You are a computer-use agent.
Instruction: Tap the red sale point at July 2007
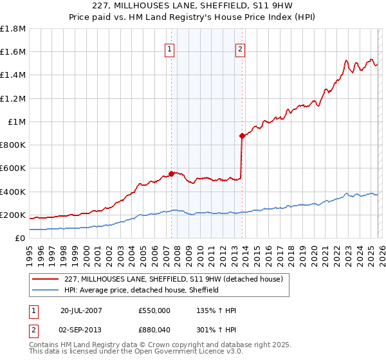point(171,173)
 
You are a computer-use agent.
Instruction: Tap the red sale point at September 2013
point(242,136)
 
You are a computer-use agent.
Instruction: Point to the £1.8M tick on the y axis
point(13,29)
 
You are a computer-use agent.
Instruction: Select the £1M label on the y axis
point(17,122)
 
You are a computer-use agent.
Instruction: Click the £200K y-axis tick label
point(13,215)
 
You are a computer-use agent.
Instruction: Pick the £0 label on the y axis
point(21,238)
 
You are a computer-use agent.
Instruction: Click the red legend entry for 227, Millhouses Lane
point(178,279)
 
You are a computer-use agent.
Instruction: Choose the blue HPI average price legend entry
point(142,290)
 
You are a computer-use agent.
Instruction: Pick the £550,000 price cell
point(154,310)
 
